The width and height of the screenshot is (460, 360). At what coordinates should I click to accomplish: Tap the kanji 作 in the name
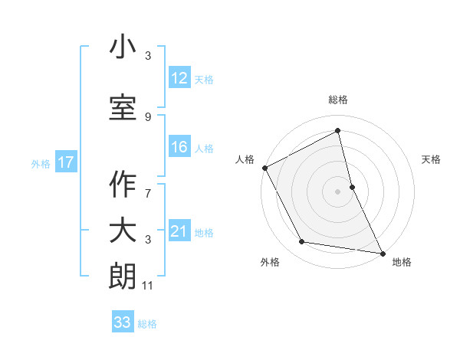pyautogui.click(x=123, y=185)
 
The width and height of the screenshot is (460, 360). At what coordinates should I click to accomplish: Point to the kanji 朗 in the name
pyautogui.click(x=123, y=277)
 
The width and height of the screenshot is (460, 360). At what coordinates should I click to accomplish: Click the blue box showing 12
pyautogui.click(x=179, y=78)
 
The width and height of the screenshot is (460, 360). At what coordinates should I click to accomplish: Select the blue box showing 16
pyautogui.click(x=179, y=147)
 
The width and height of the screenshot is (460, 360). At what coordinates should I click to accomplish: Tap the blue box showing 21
pyautogui.click(x=179, y=231)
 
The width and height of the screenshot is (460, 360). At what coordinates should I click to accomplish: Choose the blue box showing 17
pyautogui.click(x=65, y=162)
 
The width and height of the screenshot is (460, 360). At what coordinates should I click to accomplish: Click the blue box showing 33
pyautogui.click(x=123, y=322)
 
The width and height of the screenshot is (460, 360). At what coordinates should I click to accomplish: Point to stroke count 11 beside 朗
pyautogui.click(x=148, y=286)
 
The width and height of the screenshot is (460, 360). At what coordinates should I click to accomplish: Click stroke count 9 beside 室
pyautogui.click(x=148, y=116)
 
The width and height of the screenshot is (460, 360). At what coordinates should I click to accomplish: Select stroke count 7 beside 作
pyautogui.click(x=148, y=185)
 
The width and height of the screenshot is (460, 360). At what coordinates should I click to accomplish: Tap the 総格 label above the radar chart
pyautogui.click(x=338, y=100)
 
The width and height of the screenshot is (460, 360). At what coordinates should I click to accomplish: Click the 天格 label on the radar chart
pyautogui.click(x=432, y=159)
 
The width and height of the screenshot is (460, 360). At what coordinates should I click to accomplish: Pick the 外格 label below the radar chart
pyautogui.click(x=270, y=263)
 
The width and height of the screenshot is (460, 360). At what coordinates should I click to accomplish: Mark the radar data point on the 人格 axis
pyautogui.click(x=264, y=168)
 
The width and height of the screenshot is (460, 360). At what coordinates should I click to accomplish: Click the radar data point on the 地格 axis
pyautogui.click(x=382, y=252)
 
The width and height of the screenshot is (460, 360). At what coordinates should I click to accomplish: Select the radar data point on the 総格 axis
pyautogui.click(x=338, y=131)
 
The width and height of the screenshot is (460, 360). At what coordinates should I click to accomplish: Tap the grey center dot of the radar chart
pyautogui.click(x=338, y=191)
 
